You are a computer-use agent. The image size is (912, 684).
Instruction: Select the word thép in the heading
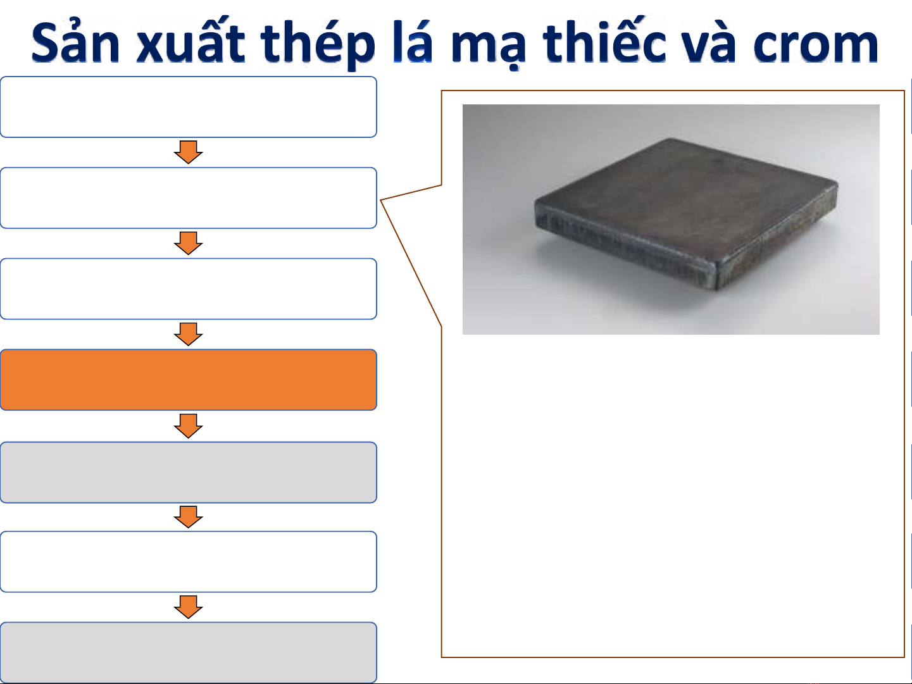point(318,44)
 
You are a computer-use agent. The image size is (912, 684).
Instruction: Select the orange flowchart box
point(189,380)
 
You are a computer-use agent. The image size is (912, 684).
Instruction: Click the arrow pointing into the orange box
point(188,334)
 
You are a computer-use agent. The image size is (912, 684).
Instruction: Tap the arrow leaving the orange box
point(188,426)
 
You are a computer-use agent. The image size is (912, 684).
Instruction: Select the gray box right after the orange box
point(189,472)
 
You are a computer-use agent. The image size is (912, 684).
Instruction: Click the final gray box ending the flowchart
point(189,652)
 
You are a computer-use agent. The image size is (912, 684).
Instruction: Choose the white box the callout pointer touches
point(189,197)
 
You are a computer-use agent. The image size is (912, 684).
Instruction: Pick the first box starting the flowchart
point(189,107)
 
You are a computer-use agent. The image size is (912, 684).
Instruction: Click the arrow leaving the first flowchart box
point(188,152)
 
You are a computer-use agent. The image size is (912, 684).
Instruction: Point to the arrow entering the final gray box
point(188,607)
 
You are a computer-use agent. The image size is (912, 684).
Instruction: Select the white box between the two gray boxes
point(189,561)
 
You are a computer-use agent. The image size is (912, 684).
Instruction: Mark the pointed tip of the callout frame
point(380,200)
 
